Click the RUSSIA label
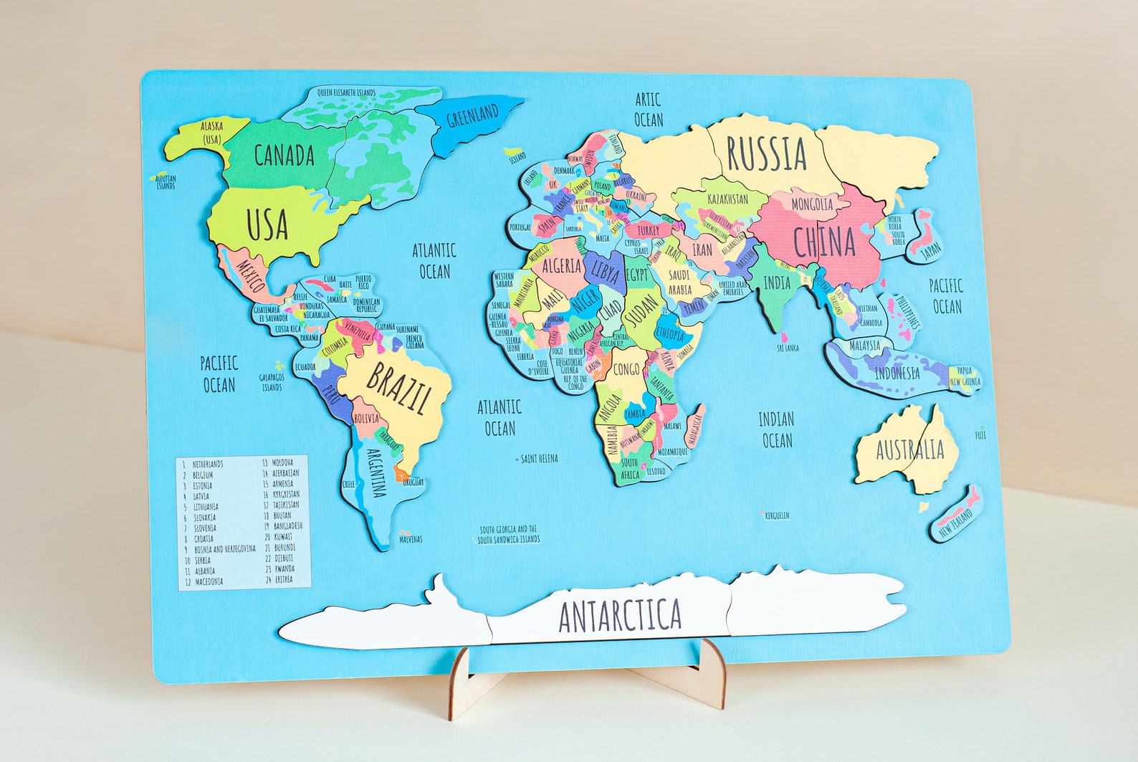click(766, 153)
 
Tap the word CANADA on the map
click(284, 155)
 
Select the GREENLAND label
click(472, 115)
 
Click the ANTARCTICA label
click(619, 615)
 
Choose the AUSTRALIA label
click(910, 449)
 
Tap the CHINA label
click(824, 242)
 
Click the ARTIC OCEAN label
click(648, 110)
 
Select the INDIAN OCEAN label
click(777, 429)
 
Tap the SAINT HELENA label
click(539, 458)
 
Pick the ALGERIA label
click(561, 266)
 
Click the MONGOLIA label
click(812, 204)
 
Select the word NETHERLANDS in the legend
click(207, 464)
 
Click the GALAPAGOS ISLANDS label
click(272, 382)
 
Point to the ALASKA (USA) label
click(211, 132)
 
